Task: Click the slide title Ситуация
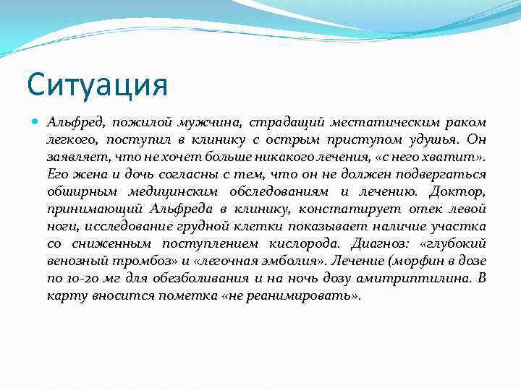pos(98,84)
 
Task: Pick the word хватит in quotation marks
pos(457,157)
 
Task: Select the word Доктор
pos(457,191)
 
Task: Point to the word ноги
pos(60,226)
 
